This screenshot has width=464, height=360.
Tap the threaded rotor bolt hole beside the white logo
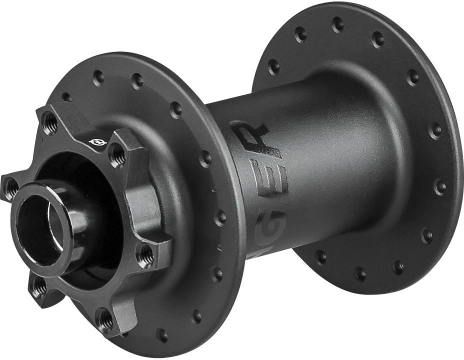(x=116, y=156)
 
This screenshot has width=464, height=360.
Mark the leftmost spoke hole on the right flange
(x=274, y=65)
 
